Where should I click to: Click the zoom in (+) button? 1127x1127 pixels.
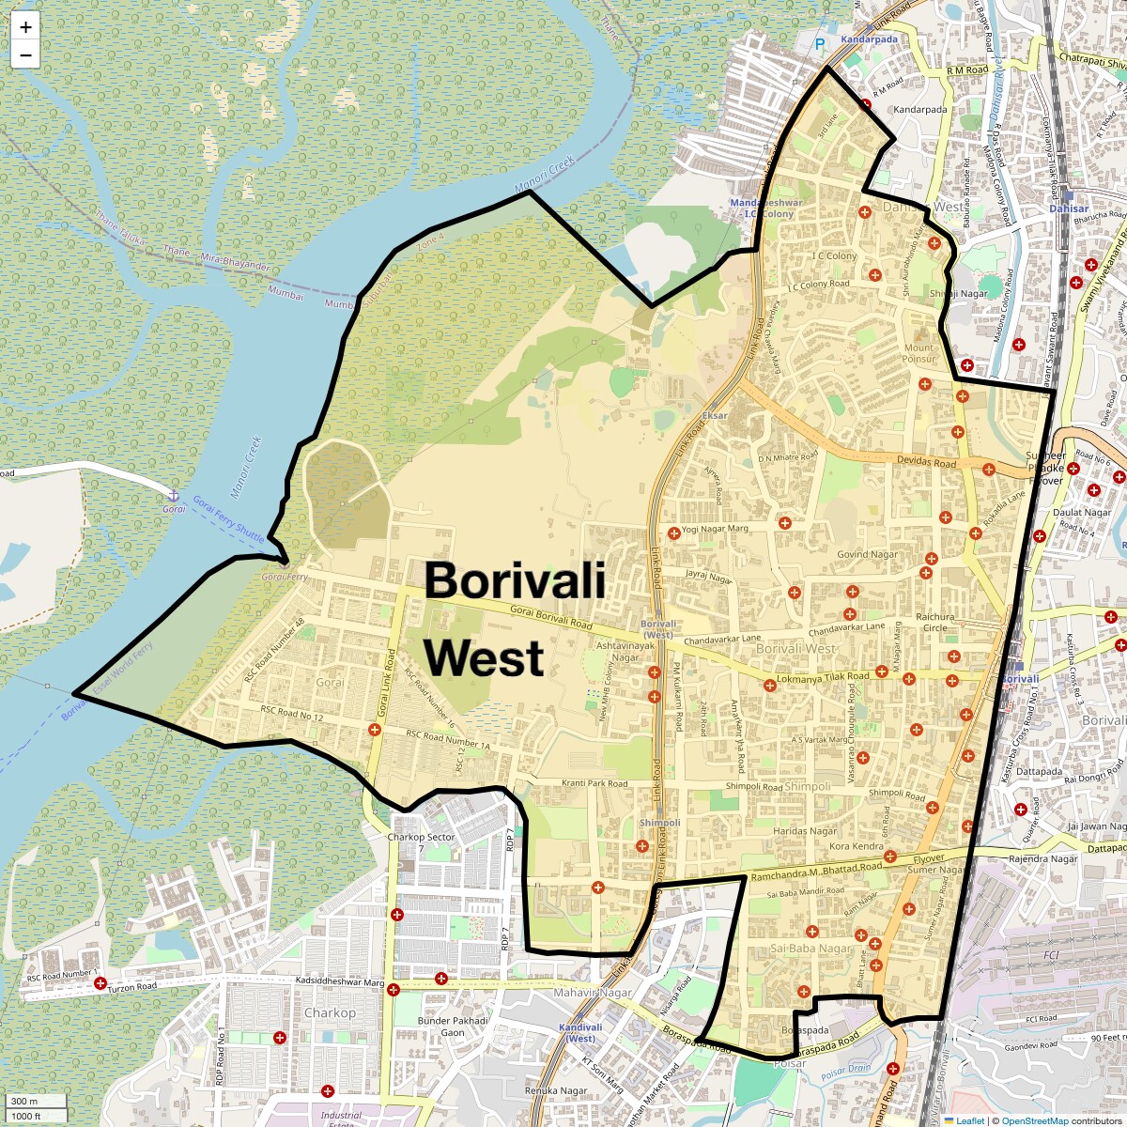click(x=25, y=27)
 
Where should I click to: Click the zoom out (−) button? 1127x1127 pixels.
click(x=25, y=54)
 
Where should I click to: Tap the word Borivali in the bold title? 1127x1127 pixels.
click(x=515, y=580)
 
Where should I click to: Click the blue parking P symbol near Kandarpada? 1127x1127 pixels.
click(x=820, y=44)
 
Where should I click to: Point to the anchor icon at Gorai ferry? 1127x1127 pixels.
click(x=173, y=495)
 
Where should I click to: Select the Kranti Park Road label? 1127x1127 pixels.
click(x=594, y=783)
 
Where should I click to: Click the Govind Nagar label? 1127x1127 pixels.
click(x=867, y=554)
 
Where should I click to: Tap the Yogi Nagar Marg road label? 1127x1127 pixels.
click(x=715, y=529)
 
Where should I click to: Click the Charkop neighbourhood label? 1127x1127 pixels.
click(x=330, y=1013)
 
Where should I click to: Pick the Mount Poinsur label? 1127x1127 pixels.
click(x=919, y=353)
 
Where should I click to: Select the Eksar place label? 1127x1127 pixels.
click(x=715, y=415)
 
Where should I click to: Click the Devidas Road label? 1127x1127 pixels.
click(x=926, y=461)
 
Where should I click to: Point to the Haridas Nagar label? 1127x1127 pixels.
click(x=805, y=831)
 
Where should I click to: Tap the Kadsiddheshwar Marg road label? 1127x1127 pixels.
click(x=340, y=981)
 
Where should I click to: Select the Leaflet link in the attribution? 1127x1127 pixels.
click(x=970, y=1120)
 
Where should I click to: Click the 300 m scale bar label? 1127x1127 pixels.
click(x=25, y=1102)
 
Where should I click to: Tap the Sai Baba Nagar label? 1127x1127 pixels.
click(x=811, y=949)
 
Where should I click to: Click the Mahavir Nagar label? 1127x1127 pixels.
click(x=593, y=993)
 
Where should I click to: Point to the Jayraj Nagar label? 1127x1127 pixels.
click(x=708, y=577)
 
